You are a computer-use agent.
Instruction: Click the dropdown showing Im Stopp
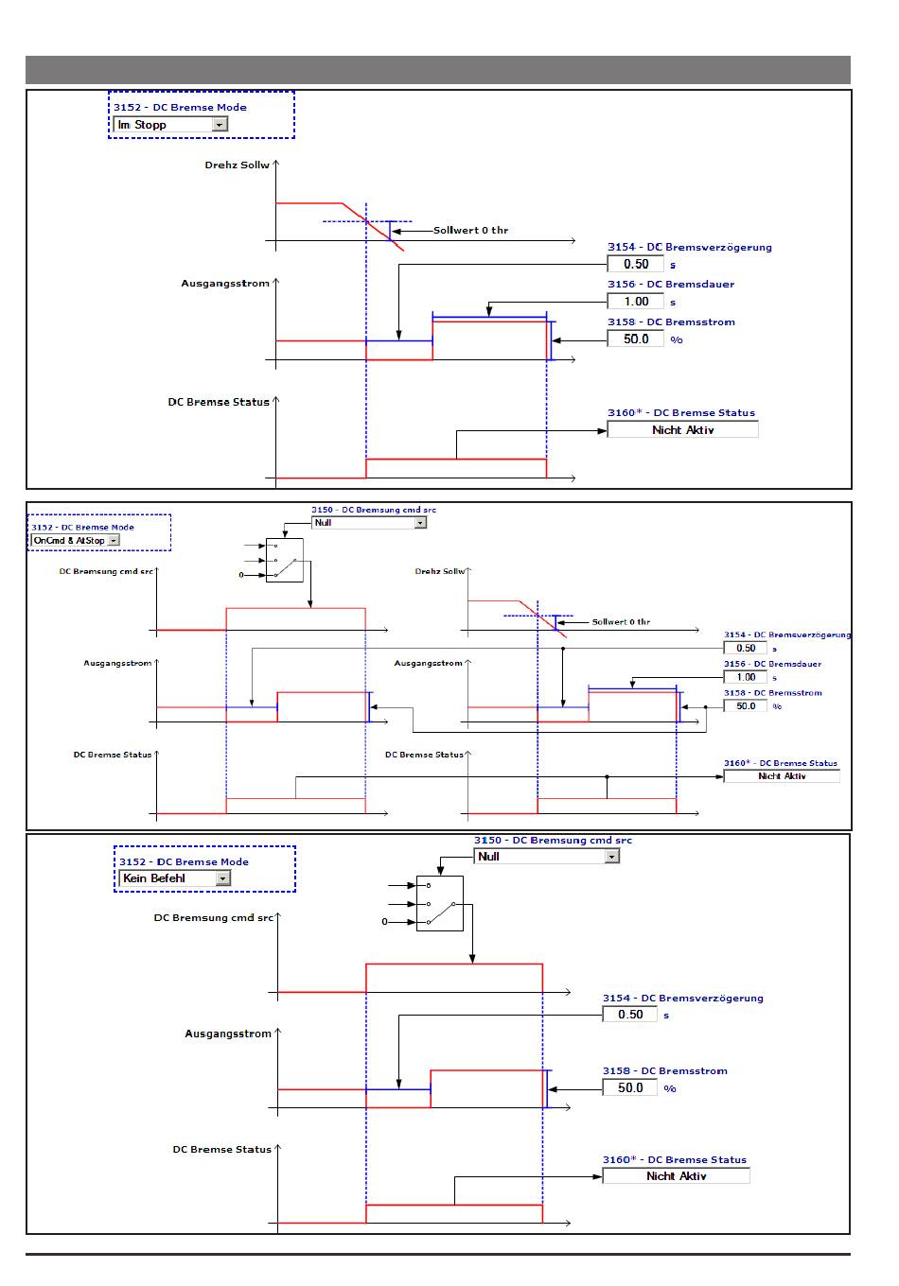(170, 124)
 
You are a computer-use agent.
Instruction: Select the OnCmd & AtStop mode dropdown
(76, 540)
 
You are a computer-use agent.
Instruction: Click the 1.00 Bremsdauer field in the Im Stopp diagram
(635, 302)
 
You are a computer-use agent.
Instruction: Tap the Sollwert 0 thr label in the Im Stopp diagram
(470, 230)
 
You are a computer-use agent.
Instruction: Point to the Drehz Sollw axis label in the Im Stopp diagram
(237, 165)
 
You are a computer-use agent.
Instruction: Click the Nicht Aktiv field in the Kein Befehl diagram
(676, 1175)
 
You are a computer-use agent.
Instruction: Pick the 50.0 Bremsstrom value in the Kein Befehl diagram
(629, 1087)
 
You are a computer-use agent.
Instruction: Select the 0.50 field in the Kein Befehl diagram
(629, 1015)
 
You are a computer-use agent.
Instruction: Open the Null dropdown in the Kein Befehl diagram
(546, 857)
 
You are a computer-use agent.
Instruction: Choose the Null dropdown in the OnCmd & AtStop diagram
(369, 522)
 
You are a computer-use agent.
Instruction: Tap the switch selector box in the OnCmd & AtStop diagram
(284, 561)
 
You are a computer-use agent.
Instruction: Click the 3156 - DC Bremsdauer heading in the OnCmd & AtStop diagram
(772, 664)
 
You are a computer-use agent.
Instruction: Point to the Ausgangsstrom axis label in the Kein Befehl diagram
(227, 1034)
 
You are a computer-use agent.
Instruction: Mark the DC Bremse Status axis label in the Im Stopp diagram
(219, 402)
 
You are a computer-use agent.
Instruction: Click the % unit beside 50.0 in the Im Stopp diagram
(676, 339)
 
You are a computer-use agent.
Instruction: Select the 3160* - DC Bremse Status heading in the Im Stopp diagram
(681, 413)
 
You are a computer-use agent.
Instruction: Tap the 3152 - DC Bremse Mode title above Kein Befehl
(184, 861)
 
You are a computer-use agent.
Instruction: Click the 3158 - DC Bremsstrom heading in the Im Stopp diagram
(671, 322)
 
